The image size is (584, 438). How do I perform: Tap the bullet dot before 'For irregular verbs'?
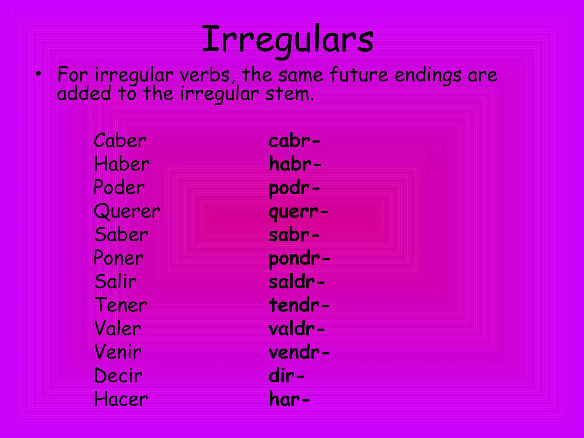(x=38, y=74)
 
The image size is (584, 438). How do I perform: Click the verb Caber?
(x=120, y=141)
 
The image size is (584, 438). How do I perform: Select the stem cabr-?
(x=294, y=141)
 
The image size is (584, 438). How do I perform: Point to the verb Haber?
(x=121, y=164)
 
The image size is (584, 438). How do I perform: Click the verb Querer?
(x=127, y=212)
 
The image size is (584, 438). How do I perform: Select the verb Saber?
(x=121, y=235)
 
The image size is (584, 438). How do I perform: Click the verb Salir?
(x=115, y=282)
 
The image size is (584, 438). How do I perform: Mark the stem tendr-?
(x=299, y=305)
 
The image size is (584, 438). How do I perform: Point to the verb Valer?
(x=117, y=329)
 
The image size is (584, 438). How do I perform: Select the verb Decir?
(x=118, y=376)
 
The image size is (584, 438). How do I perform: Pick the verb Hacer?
(x=121, y=399)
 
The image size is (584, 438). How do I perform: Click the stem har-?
(x=289, y=400)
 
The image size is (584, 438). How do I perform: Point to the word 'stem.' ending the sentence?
(x=289, y=94)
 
